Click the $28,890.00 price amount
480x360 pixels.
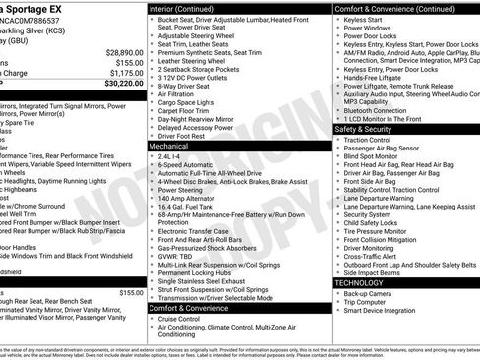click(120, 51)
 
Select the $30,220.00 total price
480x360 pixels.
click(120, 83)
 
